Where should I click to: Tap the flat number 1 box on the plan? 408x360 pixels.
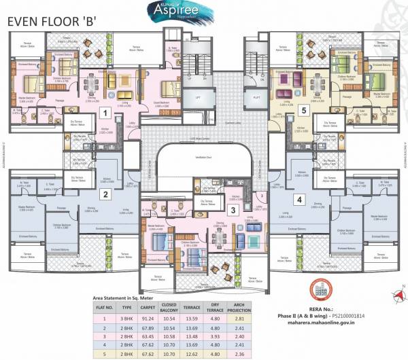click(x=105, y=113)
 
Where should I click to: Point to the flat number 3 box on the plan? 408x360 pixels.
click(x=233, y=210)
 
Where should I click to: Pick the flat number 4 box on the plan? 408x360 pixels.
click(x=299, y=200)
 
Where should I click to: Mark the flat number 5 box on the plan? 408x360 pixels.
click(x=305, y=109)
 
